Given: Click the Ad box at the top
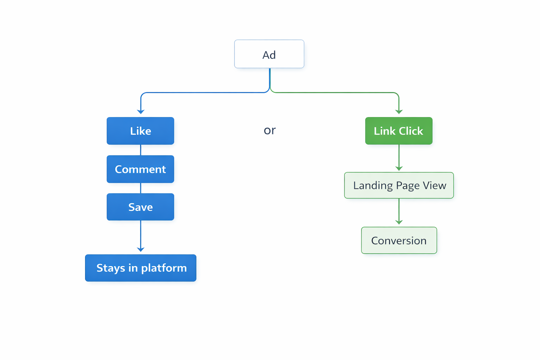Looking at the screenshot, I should coord(269,54).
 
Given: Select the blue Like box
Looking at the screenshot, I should coord(140,131).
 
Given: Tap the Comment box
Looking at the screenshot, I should coord(140,169).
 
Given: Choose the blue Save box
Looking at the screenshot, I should coord(140,207).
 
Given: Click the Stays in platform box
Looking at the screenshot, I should coord(141,268).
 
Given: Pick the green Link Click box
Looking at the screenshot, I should coord(399,131).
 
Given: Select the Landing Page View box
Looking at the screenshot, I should coord(399,185).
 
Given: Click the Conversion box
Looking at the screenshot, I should coord(399,240).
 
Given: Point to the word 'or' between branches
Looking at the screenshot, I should coord(270,130).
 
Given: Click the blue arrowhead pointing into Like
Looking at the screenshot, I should coord(141,111).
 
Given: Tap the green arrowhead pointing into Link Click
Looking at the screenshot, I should coord(399,111).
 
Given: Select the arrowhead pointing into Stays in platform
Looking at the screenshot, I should coord(141,249).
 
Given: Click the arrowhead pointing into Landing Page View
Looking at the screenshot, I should coord(399,168).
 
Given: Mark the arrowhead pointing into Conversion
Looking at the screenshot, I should coord(399,222).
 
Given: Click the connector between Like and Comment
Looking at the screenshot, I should coord(141,150).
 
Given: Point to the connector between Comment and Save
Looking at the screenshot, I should coord(141,188).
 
